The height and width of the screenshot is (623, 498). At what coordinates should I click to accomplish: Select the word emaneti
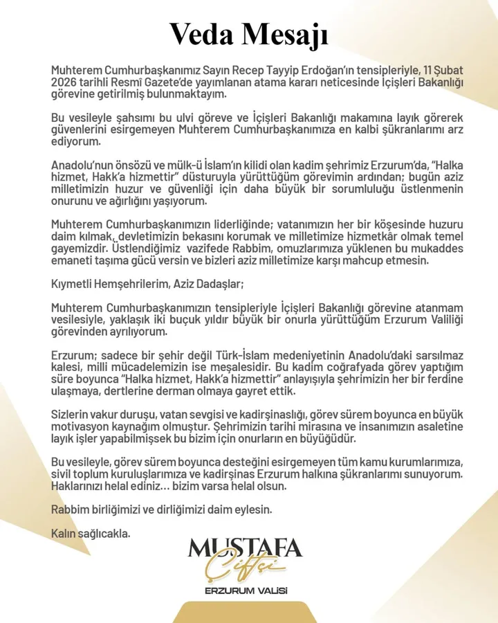pyautogui.click(x=73, y=260)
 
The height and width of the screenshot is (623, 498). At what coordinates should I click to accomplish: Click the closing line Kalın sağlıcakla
pyautogui.click(x=91, y=533)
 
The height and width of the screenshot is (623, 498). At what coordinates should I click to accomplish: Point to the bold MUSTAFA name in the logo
pyautogui.click(x=246, y=550)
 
